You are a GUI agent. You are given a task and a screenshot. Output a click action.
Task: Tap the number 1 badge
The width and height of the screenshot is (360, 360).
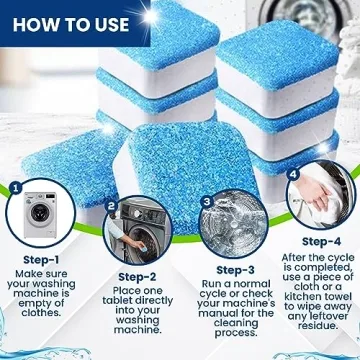pyautogui.click(x=15, y=187)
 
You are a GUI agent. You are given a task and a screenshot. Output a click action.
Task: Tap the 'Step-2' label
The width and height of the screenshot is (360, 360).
pyautogui.click(x=137, y=277)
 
